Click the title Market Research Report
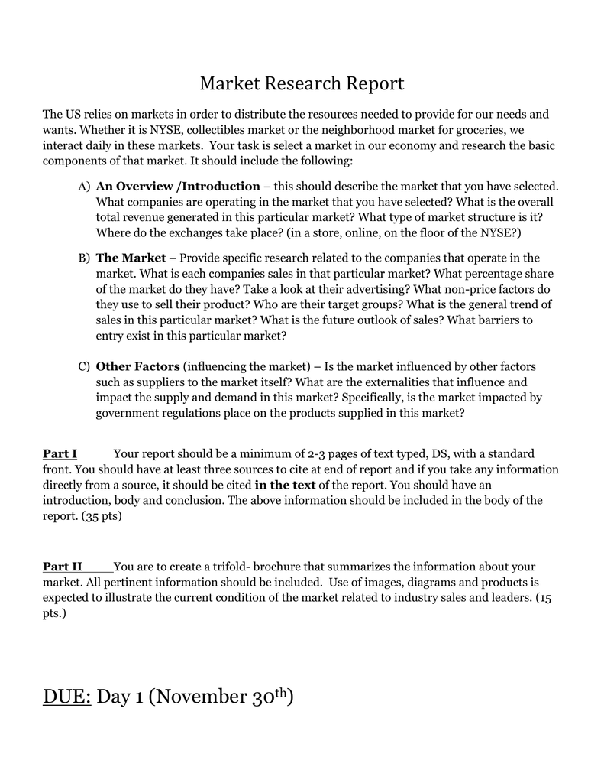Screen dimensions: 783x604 (302, 83)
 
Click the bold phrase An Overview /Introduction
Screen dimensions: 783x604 (178, 186)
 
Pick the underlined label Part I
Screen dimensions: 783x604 (60, 453)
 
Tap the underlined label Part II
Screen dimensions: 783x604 (63, 567)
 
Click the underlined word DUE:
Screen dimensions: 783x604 (66, 697)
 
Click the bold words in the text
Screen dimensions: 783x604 (285, 485)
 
